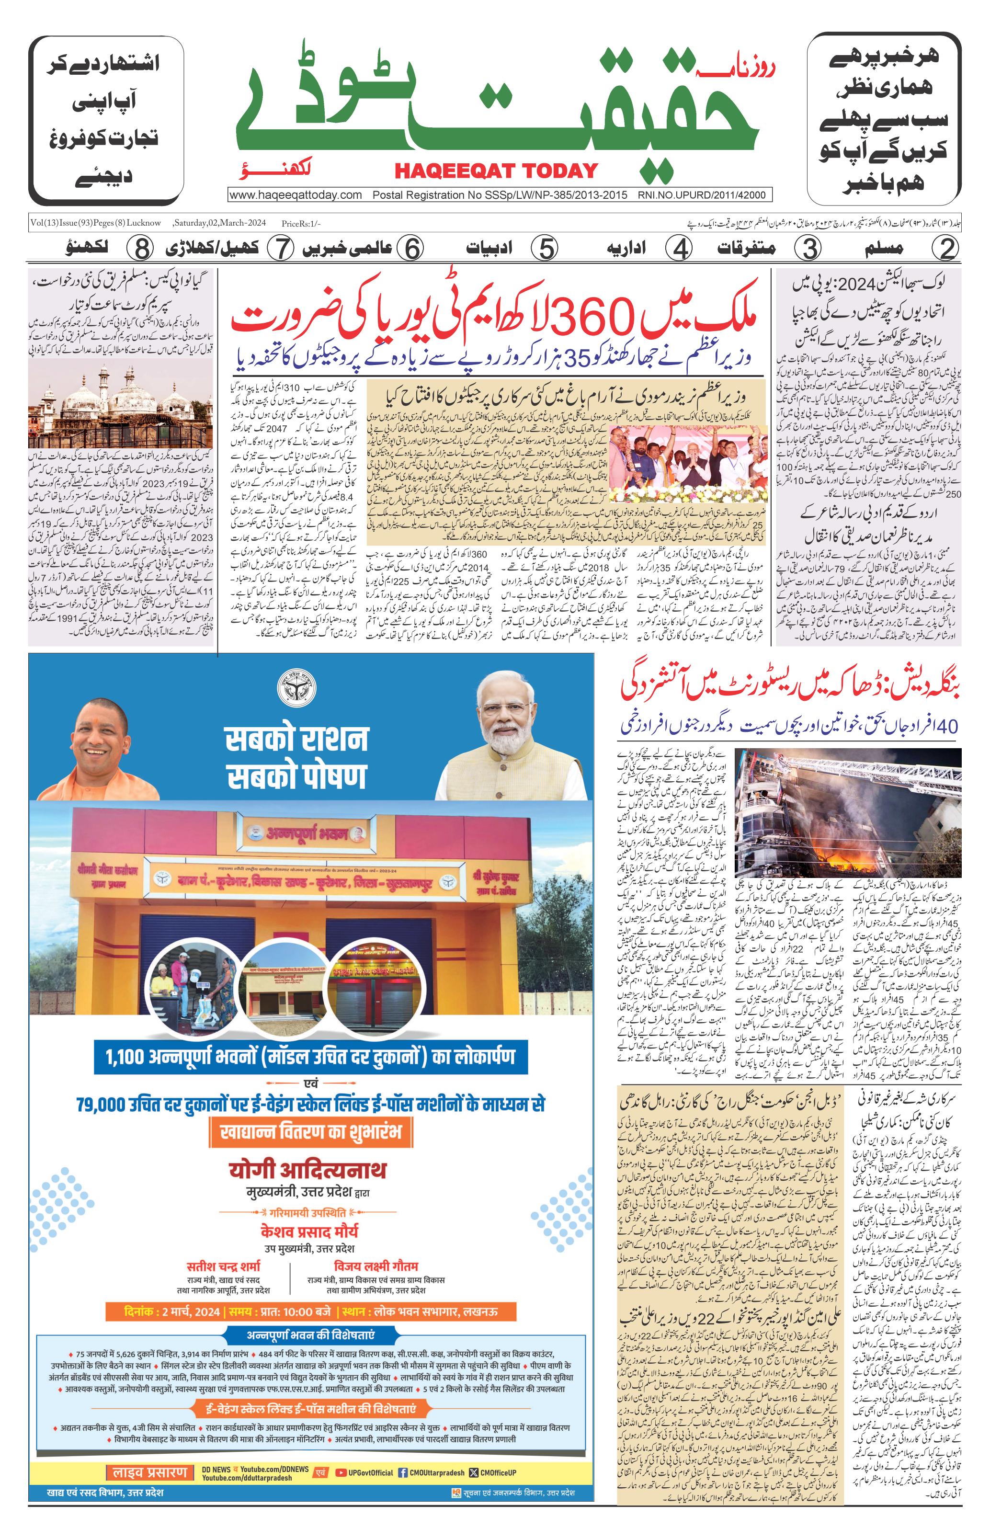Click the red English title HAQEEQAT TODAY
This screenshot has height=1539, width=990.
point(496,171)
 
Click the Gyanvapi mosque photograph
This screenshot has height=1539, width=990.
point(122,406)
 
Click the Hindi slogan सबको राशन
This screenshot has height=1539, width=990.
point(296,739)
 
